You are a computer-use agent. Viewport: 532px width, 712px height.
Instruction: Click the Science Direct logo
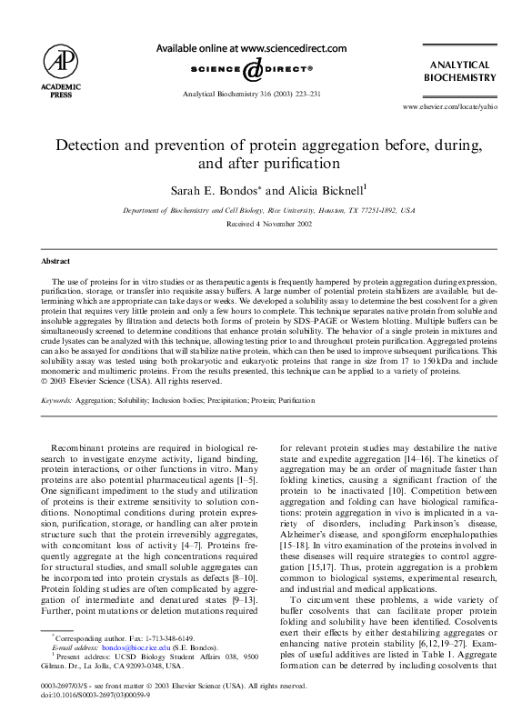click(251, 69)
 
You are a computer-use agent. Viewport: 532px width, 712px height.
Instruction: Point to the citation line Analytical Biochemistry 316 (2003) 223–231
click(251, 94)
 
